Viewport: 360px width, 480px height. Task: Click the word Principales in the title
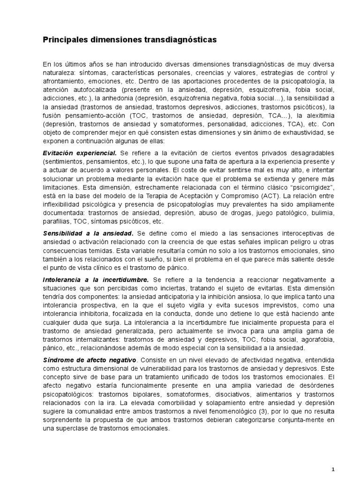click(65, 40)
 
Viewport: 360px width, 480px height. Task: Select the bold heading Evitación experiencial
click(80, 153)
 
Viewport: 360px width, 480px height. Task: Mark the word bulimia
click(320, 212)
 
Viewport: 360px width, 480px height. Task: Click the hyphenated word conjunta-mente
click(292, 420)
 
